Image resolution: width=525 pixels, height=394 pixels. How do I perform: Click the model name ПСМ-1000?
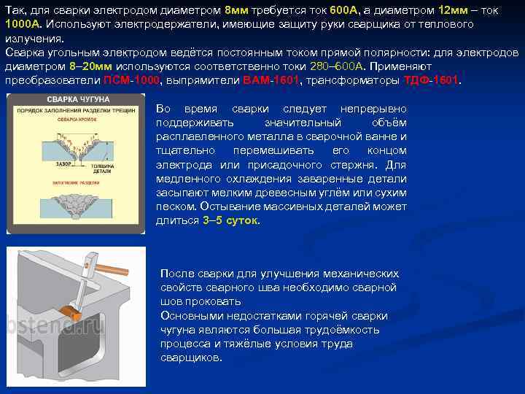[132, 80]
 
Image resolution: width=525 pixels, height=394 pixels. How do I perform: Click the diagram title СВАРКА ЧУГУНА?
[78, 98]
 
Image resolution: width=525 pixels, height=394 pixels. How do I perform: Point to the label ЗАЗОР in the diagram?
[63, 166]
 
